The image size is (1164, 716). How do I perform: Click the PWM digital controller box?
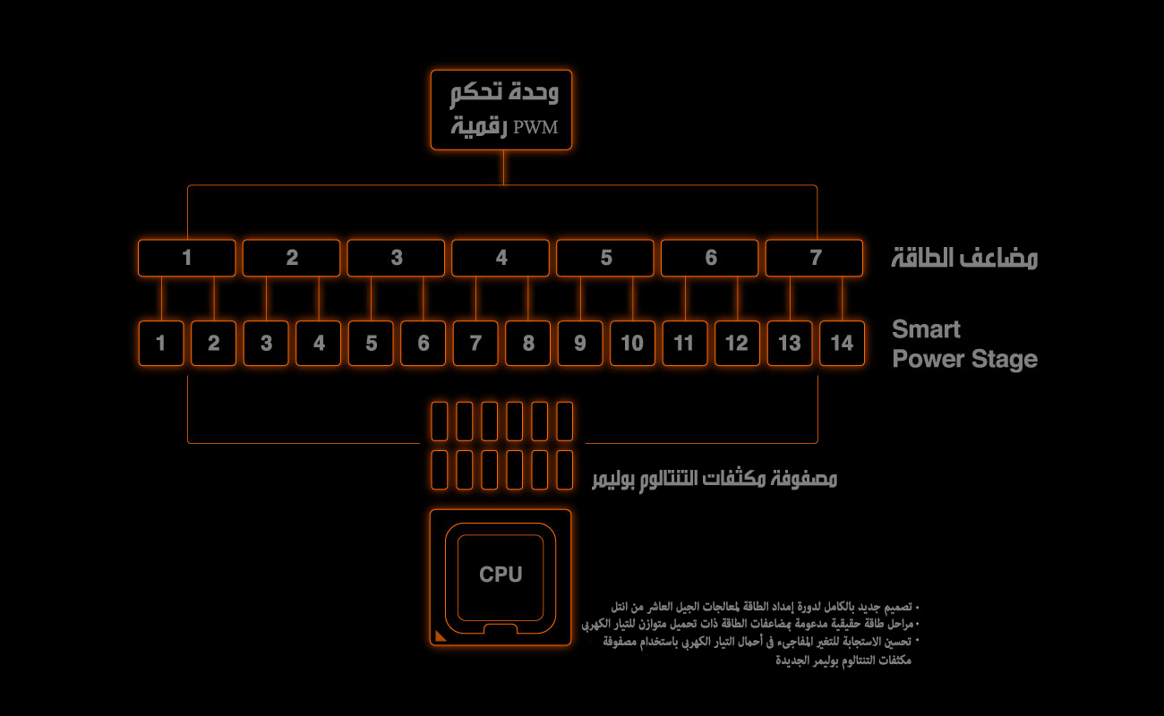pos(501,110)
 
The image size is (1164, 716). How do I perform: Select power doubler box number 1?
pos(186,258)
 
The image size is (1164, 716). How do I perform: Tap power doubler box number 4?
pos(501,258)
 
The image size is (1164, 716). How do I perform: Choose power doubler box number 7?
pos(814,258)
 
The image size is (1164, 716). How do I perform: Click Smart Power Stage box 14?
pos(842,344)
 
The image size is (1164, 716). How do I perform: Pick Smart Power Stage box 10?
pos(632,344)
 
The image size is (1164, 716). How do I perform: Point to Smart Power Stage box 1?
pos(161,344)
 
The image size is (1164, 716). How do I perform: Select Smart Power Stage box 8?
pos(528,344)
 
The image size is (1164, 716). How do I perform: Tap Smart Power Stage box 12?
pos(738,344)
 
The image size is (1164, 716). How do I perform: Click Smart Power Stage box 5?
pos(371,344)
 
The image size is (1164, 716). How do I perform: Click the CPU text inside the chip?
pos(501,575)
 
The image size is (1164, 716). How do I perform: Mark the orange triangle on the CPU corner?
pos(440,636)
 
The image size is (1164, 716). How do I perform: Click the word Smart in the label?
pos(926,329)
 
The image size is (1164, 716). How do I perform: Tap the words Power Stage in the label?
pos(965,359)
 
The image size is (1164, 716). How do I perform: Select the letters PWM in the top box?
pos(535,127)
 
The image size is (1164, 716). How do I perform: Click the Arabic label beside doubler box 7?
pos(964,259)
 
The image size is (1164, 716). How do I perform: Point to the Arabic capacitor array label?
pos(715,479)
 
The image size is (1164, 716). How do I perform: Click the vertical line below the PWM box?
pos(503,167)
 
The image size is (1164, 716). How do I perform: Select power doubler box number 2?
pos(292,258)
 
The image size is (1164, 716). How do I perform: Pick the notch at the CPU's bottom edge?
pos(501,629)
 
